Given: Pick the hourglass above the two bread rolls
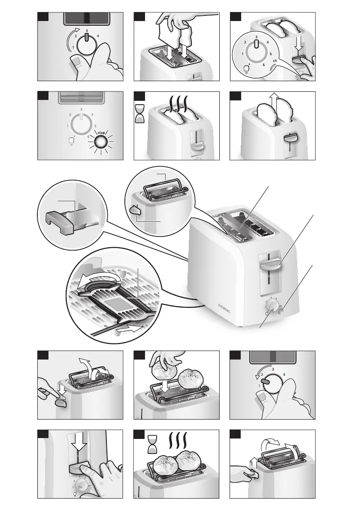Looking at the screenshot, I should pyautogui.click(x=153, y=444).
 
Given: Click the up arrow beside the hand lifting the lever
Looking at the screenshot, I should pyautogui.click(x=253, y=463).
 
